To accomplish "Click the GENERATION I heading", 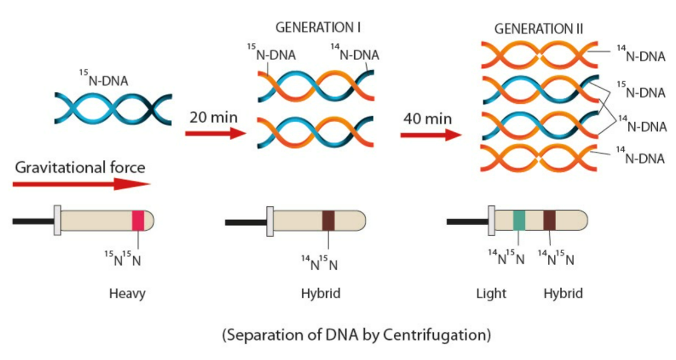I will coord(318,28).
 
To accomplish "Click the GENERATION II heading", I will coord(539,28).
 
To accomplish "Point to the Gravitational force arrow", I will coord(82,183).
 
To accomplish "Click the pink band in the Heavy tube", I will coord(137,220).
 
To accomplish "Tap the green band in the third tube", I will coord(518,220).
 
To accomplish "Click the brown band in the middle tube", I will coord(329,220).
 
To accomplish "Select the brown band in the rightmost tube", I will coord(550,220).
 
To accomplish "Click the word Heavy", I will coord(128,294).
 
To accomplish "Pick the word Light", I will coord(491,294).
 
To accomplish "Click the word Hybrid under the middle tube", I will coord(321,294).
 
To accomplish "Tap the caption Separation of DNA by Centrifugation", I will coord(357,334).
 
